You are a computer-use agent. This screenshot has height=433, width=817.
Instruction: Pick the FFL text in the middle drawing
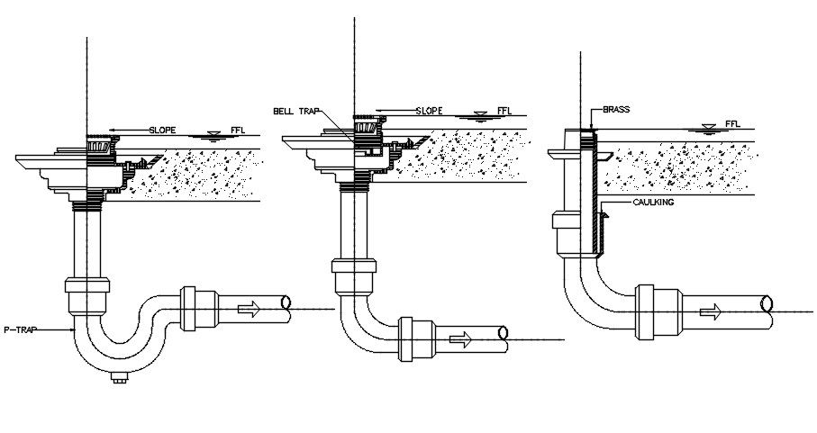point(504,111)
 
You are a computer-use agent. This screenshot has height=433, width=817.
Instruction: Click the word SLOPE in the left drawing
point(162,130)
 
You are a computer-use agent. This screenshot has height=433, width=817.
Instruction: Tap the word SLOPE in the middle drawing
point(428,111)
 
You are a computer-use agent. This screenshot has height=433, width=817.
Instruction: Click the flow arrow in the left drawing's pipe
point(248,309)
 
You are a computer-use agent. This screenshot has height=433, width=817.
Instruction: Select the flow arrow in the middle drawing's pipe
point(459,340)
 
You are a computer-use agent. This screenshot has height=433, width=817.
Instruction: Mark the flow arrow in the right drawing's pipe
point(711,311)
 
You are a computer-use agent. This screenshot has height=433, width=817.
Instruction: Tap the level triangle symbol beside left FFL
point(213,135)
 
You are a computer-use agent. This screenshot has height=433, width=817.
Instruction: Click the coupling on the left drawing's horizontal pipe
point(195,309)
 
